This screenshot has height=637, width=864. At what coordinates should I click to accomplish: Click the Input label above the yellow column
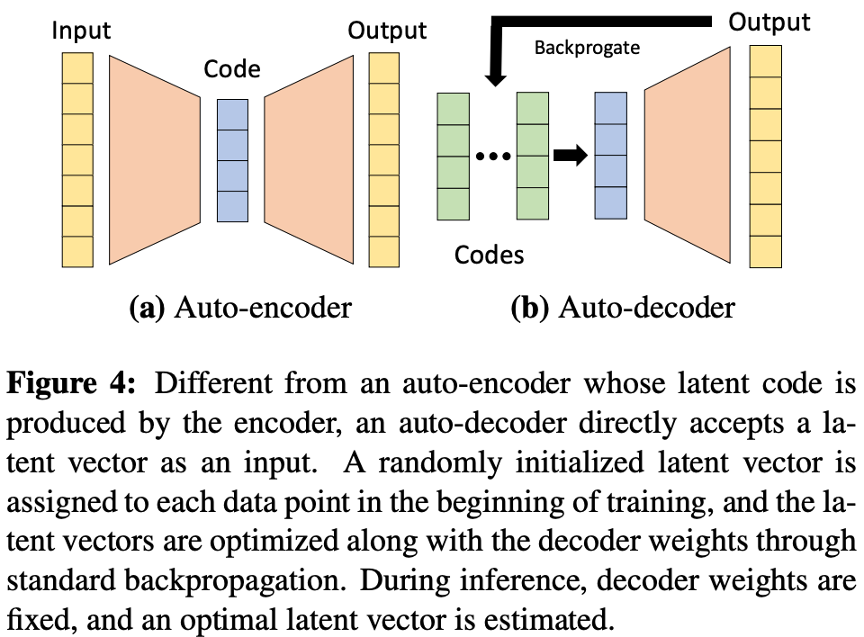81,31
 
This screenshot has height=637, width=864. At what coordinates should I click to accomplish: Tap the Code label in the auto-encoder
232,70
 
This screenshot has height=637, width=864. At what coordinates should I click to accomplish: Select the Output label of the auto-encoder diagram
387,31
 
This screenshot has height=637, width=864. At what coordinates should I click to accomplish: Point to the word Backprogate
587,48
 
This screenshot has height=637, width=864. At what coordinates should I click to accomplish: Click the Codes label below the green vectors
489,255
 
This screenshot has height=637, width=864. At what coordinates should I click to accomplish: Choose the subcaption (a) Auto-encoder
240,309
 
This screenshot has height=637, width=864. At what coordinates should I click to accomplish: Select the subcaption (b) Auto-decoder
623,309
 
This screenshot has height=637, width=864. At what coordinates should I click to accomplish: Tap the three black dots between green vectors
492,157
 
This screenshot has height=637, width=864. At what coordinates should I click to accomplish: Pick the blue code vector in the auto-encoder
232,160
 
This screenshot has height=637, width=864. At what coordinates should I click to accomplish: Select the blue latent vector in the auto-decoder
611,156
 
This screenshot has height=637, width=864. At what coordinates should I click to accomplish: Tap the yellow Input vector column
78,159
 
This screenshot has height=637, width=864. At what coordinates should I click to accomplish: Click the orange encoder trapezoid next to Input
154,159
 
